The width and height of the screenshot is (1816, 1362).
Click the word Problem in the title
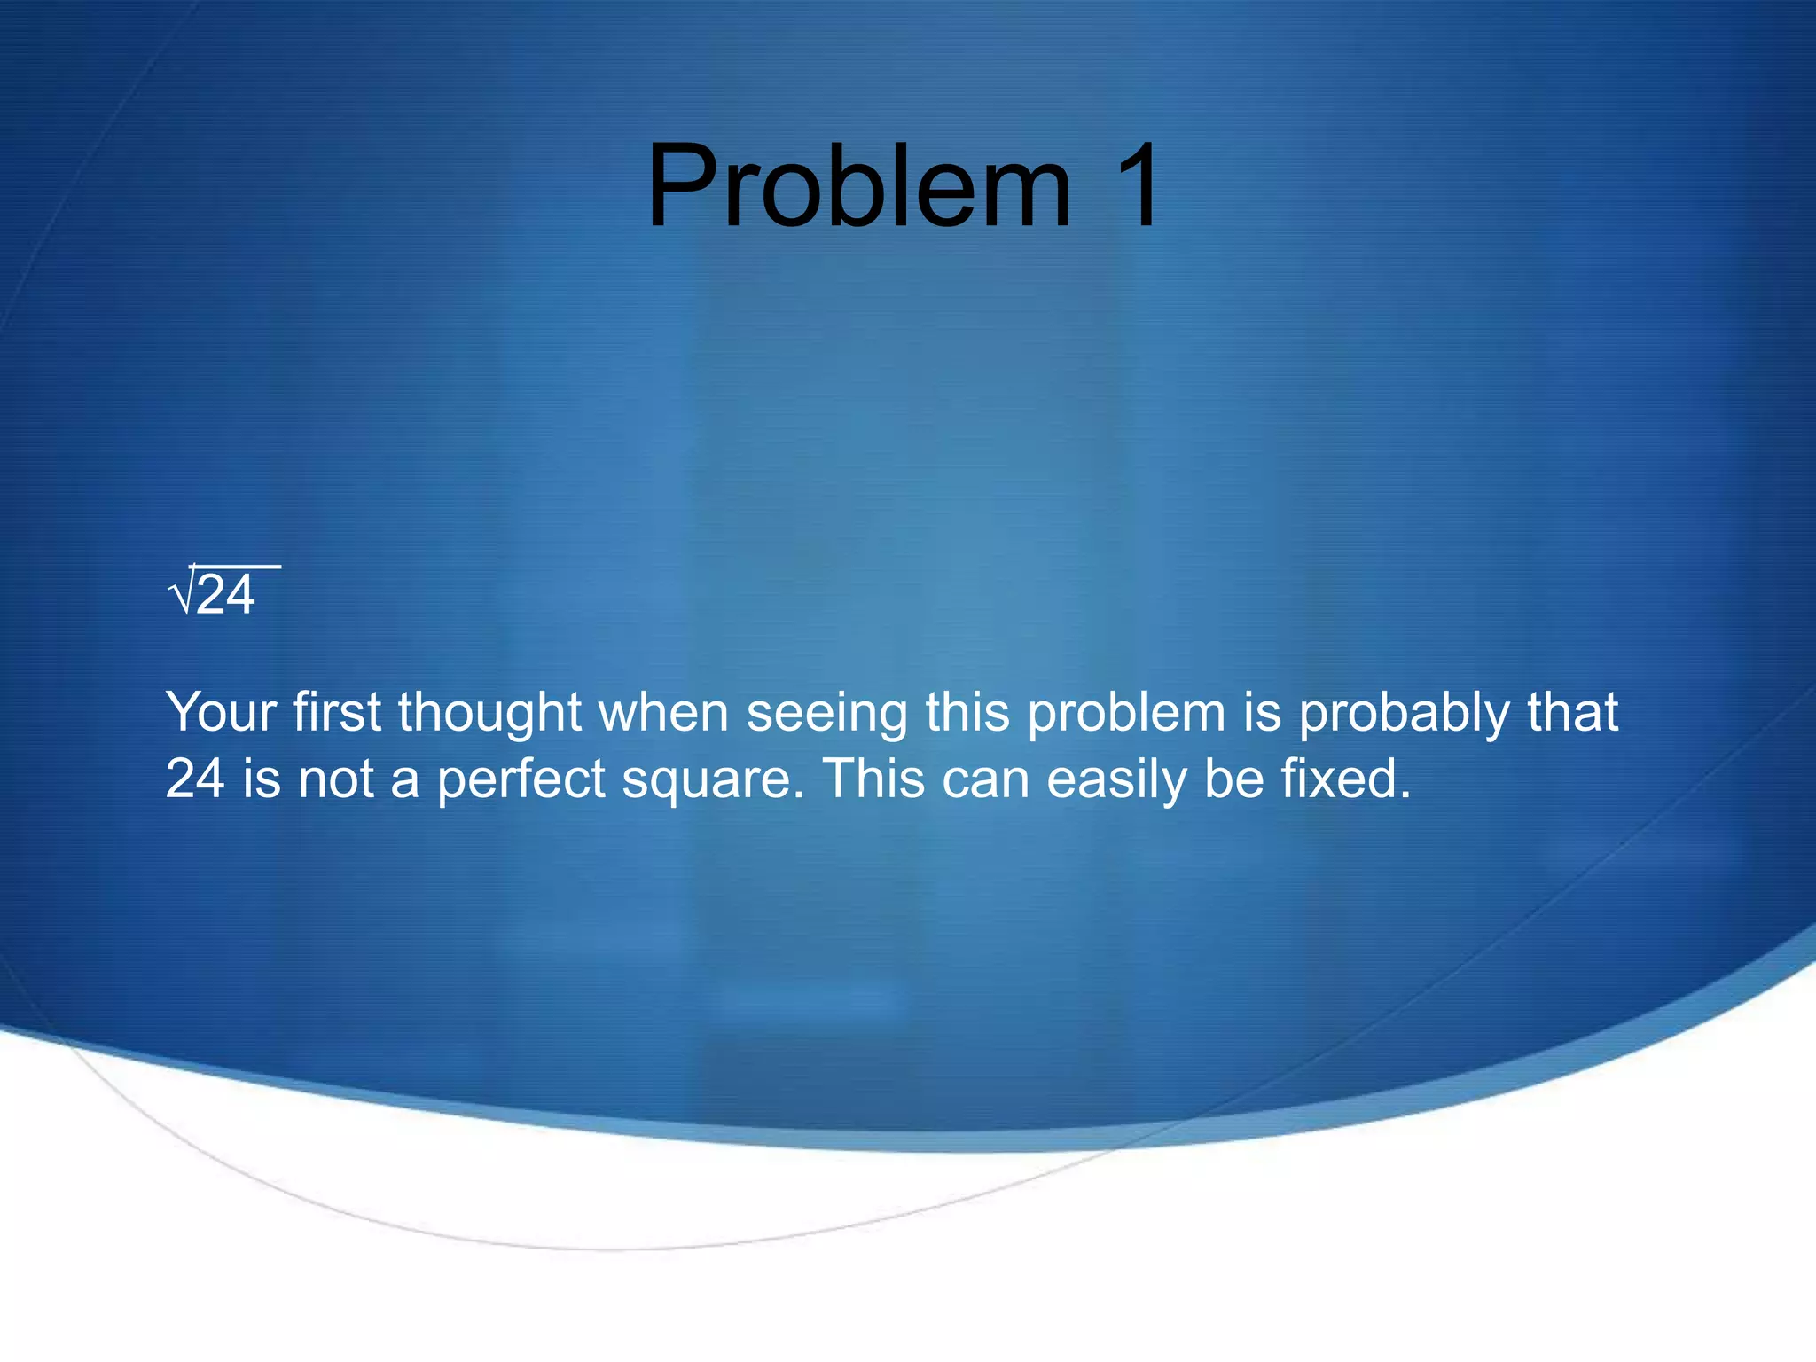coord(858,188)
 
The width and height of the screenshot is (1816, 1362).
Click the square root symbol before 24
coord(180,594)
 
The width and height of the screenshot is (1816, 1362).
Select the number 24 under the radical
coord(226,596)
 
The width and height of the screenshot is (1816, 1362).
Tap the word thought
coord(489,714)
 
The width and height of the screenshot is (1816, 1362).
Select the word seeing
coord(826,714)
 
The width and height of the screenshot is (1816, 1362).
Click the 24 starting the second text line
coord(194,779)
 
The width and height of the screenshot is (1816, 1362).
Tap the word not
coord(335,779)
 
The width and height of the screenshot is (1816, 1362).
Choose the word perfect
coord(521,781)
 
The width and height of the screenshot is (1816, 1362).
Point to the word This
coord(873,779)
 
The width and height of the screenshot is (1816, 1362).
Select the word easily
coord(1115,781)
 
